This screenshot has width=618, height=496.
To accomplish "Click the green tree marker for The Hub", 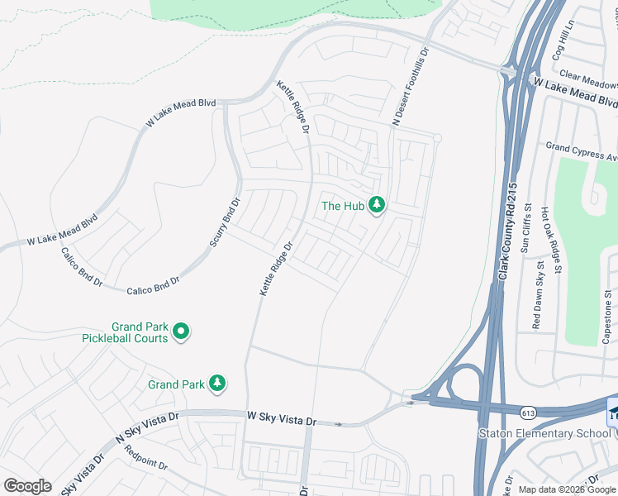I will coord(377,204).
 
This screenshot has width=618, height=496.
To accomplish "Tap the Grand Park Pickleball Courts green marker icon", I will coord(182,331).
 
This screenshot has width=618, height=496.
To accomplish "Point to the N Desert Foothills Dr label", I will coord(411,86).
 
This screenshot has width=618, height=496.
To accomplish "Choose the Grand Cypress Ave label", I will coord(582,151).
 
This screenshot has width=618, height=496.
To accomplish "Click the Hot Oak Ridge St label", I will coord(551,241).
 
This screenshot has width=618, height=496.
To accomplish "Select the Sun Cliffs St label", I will coord(527,234).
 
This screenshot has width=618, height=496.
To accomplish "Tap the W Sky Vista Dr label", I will coord(282,420).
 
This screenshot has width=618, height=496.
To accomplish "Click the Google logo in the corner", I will coord(27,486).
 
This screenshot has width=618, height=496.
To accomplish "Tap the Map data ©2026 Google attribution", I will coord(567,489).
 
